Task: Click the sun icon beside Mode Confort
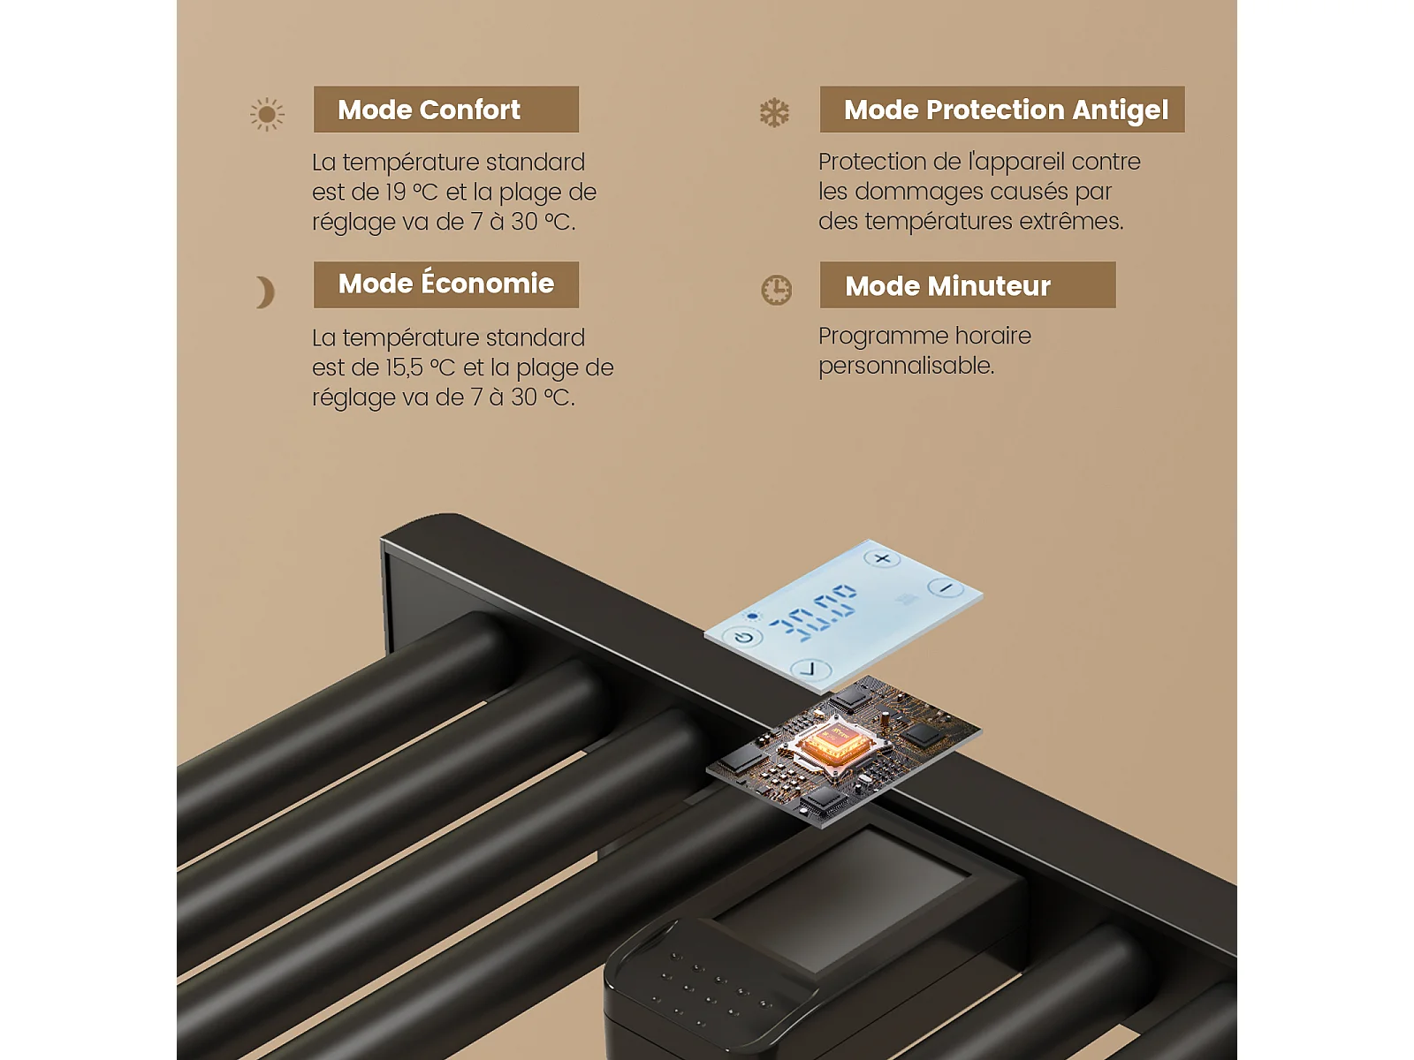click(x=267, y=115)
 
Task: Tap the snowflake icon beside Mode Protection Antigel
click(x=773, y=113)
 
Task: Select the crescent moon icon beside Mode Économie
click(x=265, y=292)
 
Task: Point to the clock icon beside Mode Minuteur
click(x=776, y=291)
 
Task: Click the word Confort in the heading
click(x=469, y=110)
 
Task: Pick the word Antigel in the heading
click(x=1121, y=110)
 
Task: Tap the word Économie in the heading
click(x=488, y=283)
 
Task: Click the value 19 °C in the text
click(x=412, y=193)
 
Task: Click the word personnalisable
click(x=907, y=367)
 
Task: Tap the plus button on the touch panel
click(x=882, y=558)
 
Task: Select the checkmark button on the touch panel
click(x=810, y=669)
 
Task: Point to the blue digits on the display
click(x=813, y=611)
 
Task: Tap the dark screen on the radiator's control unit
click(x=841, y=900)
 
